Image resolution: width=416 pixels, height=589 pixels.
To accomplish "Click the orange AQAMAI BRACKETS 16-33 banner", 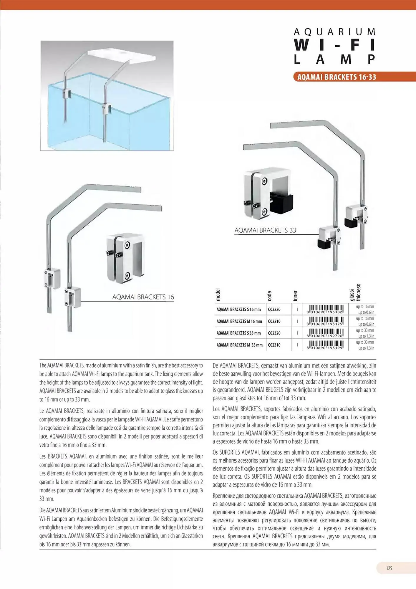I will (x=337, y=77).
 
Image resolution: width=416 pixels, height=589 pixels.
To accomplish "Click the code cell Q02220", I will (x=274, y=310).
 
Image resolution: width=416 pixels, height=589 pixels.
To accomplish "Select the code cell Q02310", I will (x=274, y=345).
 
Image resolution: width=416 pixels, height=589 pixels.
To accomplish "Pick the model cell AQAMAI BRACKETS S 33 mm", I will (x=238, y=333).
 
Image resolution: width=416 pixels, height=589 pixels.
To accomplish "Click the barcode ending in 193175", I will (x=325, y=321).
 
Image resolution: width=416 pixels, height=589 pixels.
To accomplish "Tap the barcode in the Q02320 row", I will (x=325, y=333).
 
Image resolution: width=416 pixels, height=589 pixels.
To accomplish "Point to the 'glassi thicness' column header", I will (x=355, y=292).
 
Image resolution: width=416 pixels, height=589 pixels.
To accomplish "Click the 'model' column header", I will (x=218, y=294).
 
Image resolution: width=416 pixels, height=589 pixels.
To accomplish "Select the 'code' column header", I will (x=269, y=296).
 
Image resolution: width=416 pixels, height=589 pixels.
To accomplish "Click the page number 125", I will (x=389, y=568).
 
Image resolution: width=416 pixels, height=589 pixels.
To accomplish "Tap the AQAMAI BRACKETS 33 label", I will (x=265, y=230).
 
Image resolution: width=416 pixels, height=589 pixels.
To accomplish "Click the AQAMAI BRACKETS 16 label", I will (x=143, y=297).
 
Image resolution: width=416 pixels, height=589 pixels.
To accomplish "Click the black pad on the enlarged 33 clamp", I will (x=281, y=203).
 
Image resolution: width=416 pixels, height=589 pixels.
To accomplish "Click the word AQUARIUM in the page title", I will (x=335, y=32).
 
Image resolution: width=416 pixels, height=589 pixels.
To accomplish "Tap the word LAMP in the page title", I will (x=335, y=59).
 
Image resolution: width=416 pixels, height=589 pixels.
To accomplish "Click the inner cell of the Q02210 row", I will (x=297, y=321).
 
